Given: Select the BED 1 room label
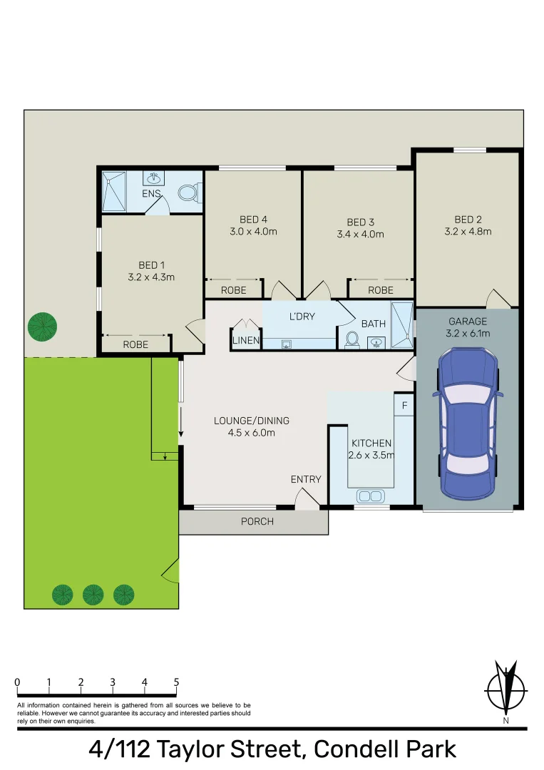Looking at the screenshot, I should (x=147, y=265).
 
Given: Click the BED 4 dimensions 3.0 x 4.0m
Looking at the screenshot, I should (x=253, y=232).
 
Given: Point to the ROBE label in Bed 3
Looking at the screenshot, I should (x=381, y=290).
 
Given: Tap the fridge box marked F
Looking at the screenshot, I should (x=404, y=406).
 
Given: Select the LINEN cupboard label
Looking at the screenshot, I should (x=246, y=341).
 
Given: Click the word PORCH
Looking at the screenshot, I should (x=257, y=522).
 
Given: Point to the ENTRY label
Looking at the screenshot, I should (x=306, y=480).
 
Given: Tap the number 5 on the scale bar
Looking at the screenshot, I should (x=176, y=682).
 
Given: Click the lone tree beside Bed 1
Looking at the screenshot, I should (x=42, y=327).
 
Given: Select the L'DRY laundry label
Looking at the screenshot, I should (x=302, y=317).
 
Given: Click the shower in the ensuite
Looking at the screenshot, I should (x=114, y=191).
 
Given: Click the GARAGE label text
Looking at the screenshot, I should (x=468, y=322).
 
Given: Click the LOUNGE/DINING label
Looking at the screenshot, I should (x=252, y=420).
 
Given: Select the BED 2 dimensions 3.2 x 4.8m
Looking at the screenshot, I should (x=468, y=232).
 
